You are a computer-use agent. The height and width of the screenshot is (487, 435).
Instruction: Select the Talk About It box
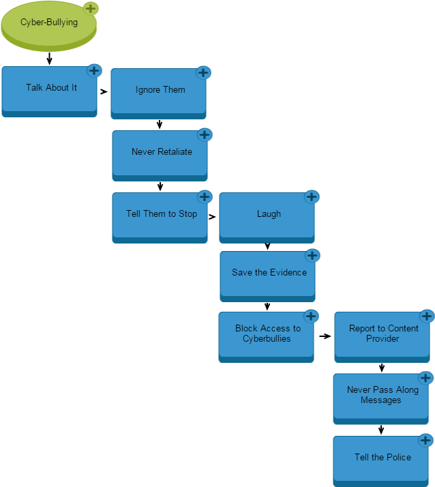click(49, 90)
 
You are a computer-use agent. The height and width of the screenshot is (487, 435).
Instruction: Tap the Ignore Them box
click(158, 91)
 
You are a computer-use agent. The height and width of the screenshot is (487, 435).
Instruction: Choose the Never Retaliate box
click(160, 153)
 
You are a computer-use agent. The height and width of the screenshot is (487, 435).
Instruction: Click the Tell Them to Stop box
click(160, 216)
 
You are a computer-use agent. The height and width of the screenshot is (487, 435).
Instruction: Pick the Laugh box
click(267, 216)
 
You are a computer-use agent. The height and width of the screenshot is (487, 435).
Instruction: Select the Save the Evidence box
click(267, 275)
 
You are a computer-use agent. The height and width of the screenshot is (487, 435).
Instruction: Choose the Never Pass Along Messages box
click(380, 396)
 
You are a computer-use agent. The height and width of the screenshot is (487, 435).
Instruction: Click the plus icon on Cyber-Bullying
click(91, 8)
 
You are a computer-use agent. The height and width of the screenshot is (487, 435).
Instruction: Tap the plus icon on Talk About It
click(94, 70)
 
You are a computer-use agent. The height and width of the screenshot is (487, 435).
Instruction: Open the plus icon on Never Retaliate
click(205, 134)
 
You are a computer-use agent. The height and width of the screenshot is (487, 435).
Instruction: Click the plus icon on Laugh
click(312, 196)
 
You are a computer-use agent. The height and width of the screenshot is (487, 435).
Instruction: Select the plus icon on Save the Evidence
click(312, 255)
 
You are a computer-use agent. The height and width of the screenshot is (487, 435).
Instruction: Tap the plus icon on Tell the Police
click(425, 440)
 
